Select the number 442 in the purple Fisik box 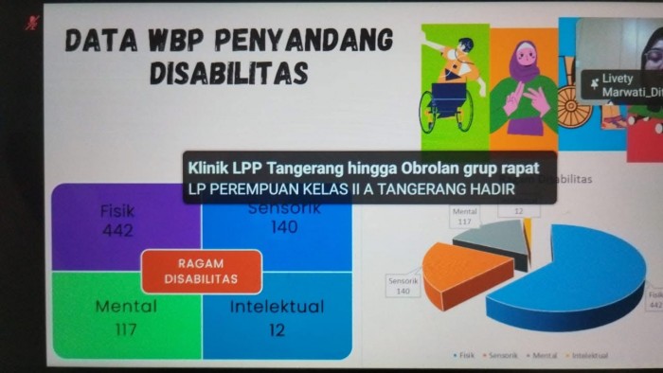click(117, 230)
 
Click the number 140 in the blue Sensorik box click(282, 226)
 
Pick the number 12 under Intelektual click(278, 329)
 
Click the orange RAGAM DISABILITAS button click(200, 272)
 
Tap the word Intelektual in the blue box click(278, 307)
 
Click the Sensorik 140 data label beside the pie click(403, 286)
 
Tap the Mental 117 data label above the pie click(465, 217)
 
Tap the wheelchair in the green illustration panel click(445, 104)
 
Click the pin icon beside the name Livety click(594, 83)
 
